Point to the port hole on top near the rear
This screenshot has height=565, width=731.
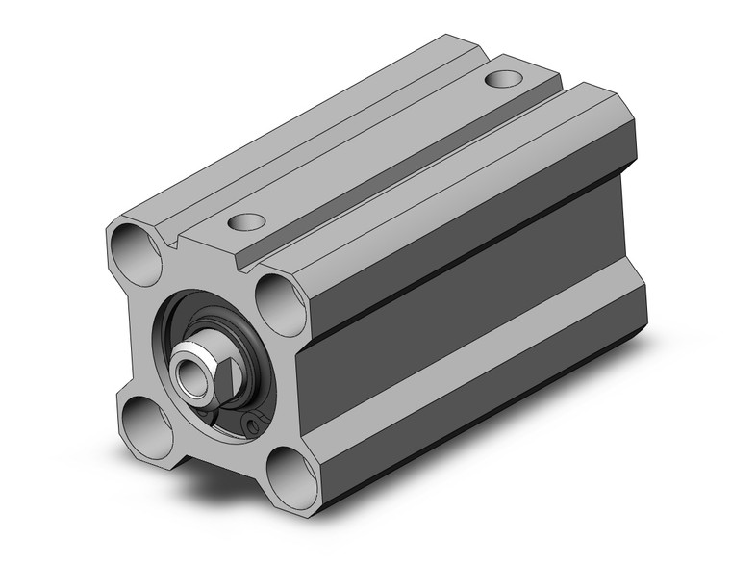coord(503,78)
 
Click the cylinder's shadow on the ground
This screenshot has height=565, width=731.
coord(539,424)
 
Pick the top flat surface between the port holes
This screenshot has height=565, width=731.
coord(385,144)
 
